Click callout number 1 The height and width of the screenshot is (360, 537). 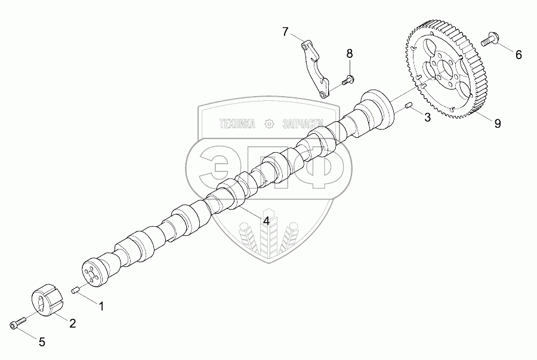101,307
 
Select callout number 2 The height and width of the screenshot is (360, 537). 73,324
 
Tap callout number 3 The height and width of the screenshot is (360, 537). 427,117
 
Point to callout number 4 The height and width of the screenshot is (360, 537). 266,220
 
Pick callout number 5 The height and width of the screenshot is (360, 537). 42,342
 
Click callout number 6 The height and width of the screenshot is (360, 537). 518,55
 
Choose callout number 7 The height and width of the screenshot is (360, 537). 285,31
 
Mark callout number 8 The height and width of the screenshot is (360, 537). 350,54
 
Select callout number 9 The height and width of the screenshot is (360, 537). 496,124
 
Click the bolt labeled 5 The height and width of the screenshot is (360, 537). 16,323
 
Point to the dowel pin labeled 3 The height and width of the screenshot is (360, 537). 409,106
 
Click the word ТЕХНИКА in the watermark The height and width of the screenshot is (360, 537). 237,124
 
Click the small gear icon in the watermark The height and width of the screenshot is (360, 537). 269,124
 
